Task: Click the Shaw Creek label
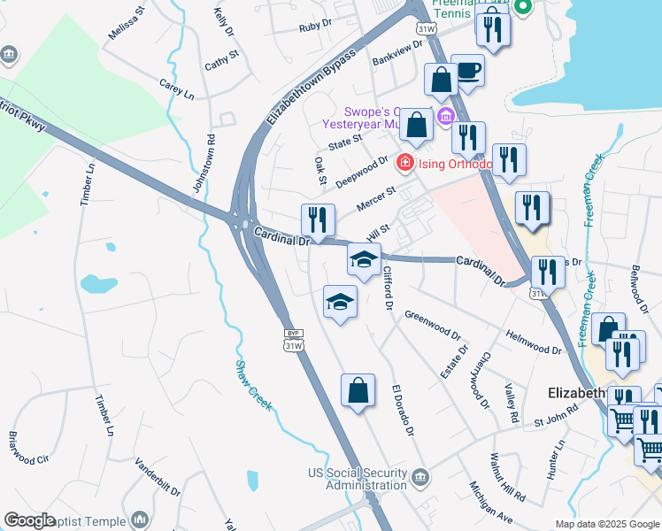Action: tap(253, 388)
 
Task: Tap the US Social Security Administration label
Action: tap(355, 478)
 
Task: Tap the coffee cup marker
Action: tap(467, 70)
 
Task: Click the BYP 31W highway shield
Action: tap(294, 340)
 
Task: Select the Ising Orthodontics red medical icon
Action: tap(404, 162)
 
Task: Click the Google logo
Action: tap(29, 520)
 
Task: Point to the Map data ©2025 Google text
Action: tap(607, 524)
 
